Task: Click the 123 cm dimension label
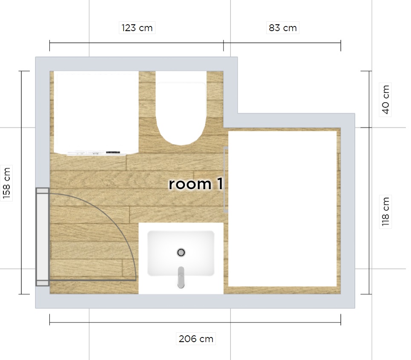click(137, 28)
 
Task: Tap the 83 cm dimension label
click(282, 28)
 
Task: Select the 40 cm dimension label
click(385, 99)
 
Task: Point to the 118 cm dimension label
click(385, 212)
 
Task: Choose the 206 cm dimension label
click(196, 339)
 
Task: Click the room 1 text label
click(196, 184)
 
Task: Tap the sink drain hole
click(181, 253)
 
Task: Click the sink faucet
click(181, 277)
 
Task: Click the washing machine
click(96, 113)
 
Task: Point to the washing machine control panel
click(96, 153)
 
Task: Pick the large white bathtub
click(282, 209)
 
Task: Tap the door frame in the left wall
click(43, 237)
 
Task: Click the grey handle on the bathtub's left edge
click(226, 180)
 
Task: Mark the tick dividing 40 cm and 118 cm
click(369, 127)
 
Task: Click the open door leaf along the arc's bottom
click(92, 280)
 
